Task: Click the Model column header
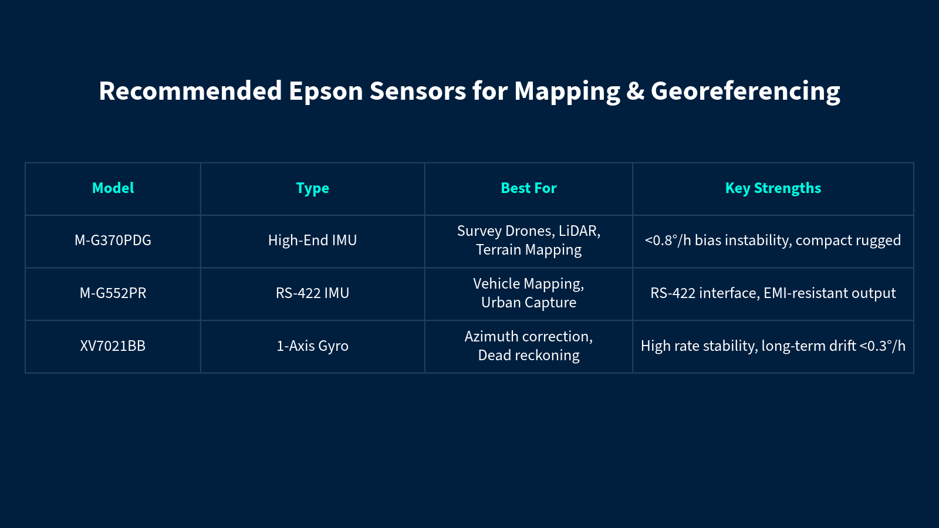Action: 113,188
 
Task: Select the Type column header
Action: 312,188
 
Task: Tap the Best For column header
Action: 528,188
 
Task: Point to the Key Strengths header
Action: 773,188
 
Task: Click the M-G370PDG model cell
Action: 113,241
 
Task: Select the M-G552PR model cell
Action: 113,293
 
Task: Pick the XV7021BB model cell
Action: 113,346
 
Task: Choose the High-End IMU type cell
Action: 312,241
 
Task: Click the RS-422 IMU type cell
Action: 312,293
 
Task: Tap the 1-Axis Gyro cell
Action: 312,346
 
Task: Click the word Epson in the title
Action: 326,92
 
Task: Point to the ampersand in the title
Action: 635,92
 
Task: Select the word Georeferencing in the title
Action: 745,92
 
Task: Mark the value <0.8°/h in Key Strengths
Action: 668,241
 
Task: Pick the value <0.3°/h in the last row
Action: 882,346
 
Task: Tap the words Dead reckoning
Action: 528,356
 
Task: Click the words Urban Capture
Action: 528,303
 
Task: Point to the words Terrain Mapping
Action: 528,250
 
